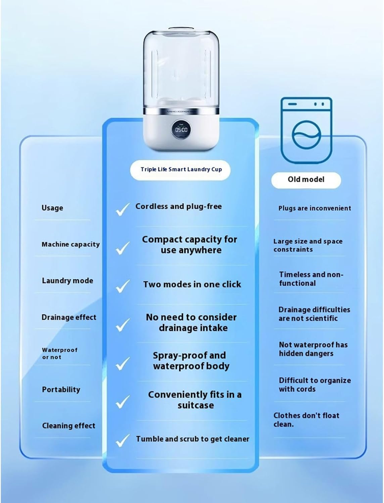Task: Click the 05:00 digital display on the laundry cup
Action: (181, 129)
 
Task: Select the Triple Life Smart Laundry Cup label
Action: (181, 169)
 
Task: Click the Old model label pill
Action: (306, 180)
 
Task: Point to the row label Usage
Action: (52, 208)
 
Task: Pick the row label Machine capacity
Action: (70, 244)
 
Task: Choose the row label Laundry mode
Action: (67, 281)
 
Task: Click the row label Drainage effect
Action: (69, 317)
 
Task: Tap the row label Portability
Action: (61, 390)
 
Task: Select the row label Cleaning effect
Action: (69, 426)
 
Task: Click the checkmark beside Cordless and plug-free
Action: (123, 209)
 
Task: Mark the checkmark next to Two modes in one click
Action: (123, 286)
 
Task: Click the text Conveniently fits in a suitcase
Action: (195, 400)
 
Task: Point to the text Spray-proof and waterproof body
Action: (190, 360)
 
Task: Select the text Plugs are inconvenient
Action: (315, 208)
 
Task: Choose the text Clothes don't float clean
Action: (306, 420)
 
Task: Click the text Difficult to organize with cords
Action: (315, 385)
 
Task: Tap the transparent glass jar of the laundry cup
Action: (181, 67)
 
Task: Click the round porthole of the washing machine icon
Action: (306, 136)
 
